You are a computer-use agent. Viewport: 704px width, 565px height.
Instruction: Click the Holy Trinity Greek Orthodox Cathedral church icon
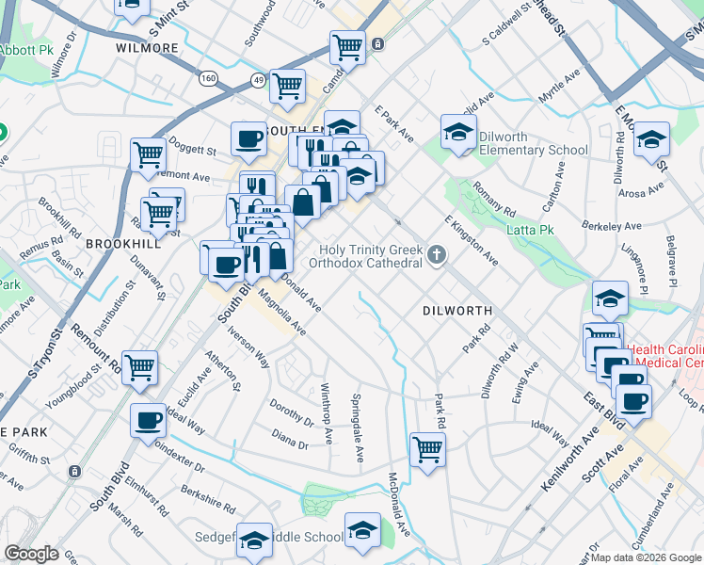coord(436,254)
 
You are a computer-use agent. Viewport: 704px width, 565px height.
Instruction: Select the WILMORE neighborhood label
coord(147,46)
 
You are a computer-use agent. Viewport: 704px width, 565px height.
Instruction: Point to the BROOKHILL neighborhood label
coord(120,243)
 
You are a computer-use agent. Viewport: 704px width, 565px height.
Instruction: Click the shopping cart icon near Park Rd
coord(427,449)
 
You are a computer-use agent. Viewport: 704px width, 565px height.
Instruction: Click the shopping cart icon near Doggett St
coord(148,155)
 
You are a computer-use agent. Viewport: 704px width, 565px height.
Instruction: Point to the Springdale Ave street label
coord(358,428)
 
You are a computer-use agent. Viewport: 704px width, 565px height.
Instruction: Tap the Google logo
coord(31,554)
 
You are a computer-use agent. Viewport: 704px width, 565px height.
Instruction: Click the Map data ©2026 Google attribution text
coord(646,557)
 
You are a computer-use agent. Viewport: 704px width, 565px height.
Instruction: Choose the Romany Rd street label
coord(495,198)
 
